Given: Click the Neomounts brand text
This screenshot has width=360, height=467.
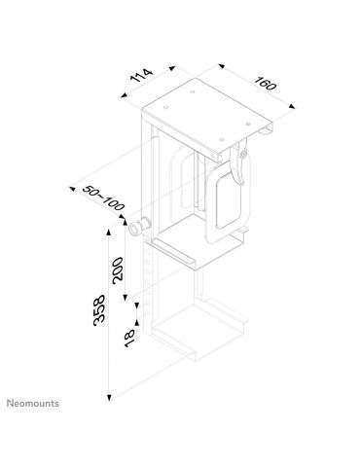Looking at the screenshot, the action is point(34,402).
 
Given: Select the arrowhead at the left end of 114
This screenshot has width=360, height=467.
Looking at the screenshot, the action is point(127,96).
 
